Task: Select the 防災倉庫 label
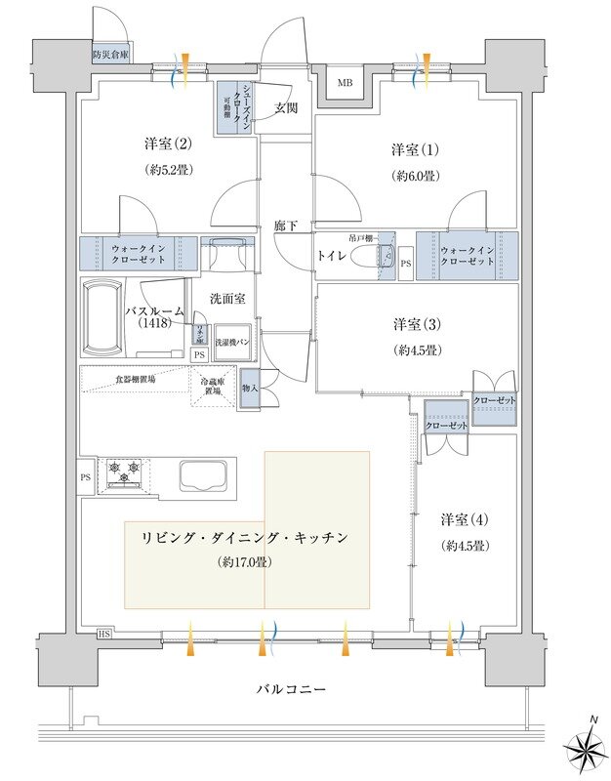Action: pos(110,56)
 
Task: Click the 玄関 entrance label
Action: pos(286,107)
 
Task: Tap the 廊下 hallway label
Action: pos(286,226)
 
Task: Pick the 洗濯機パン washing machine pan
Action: pos(232,344)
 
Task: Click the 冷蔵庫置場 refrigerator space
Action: pos(215,386)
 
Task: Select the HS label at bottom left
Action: pos(102,635)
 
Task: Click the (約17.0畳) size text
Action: pos(245,562)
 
